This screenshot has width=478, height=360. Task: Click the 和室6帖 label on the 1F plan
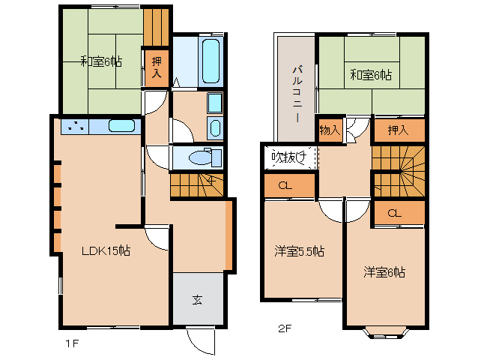coord(101,62)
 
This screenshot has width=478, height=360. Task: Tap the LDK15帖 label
coord(106,251)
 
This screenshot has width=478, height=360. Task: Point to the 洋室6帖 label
coord(384,272)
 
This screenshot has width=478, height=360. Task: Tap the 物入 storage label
coord(330,130)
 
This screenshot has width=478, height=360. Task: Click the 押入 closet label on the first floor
coord(157,67)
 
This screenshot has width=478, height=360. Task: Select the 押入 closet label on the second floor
coord(398,130)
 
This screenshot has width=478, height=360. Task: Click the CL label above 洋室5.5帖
coord(285,186)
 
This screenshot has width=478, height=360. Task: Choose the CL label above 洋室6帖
coord(395,214)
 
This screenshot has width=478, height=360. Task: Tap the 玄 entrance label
coord(197,300)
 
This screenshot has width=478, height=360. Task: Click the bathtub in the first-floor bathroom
coord(211,61)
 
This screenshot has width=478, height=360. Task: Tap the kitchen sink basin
coord(122,125)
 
